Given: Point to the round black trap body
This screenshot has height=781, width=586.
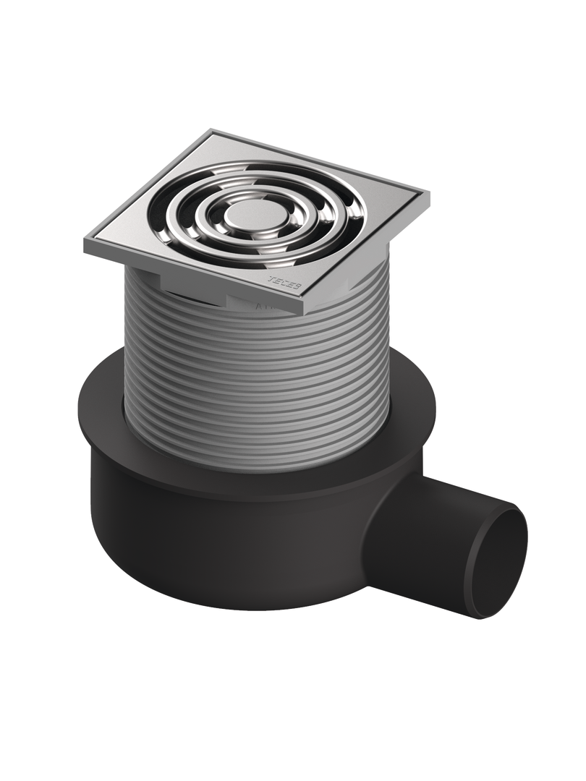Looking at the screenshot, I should coord(217,550).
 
